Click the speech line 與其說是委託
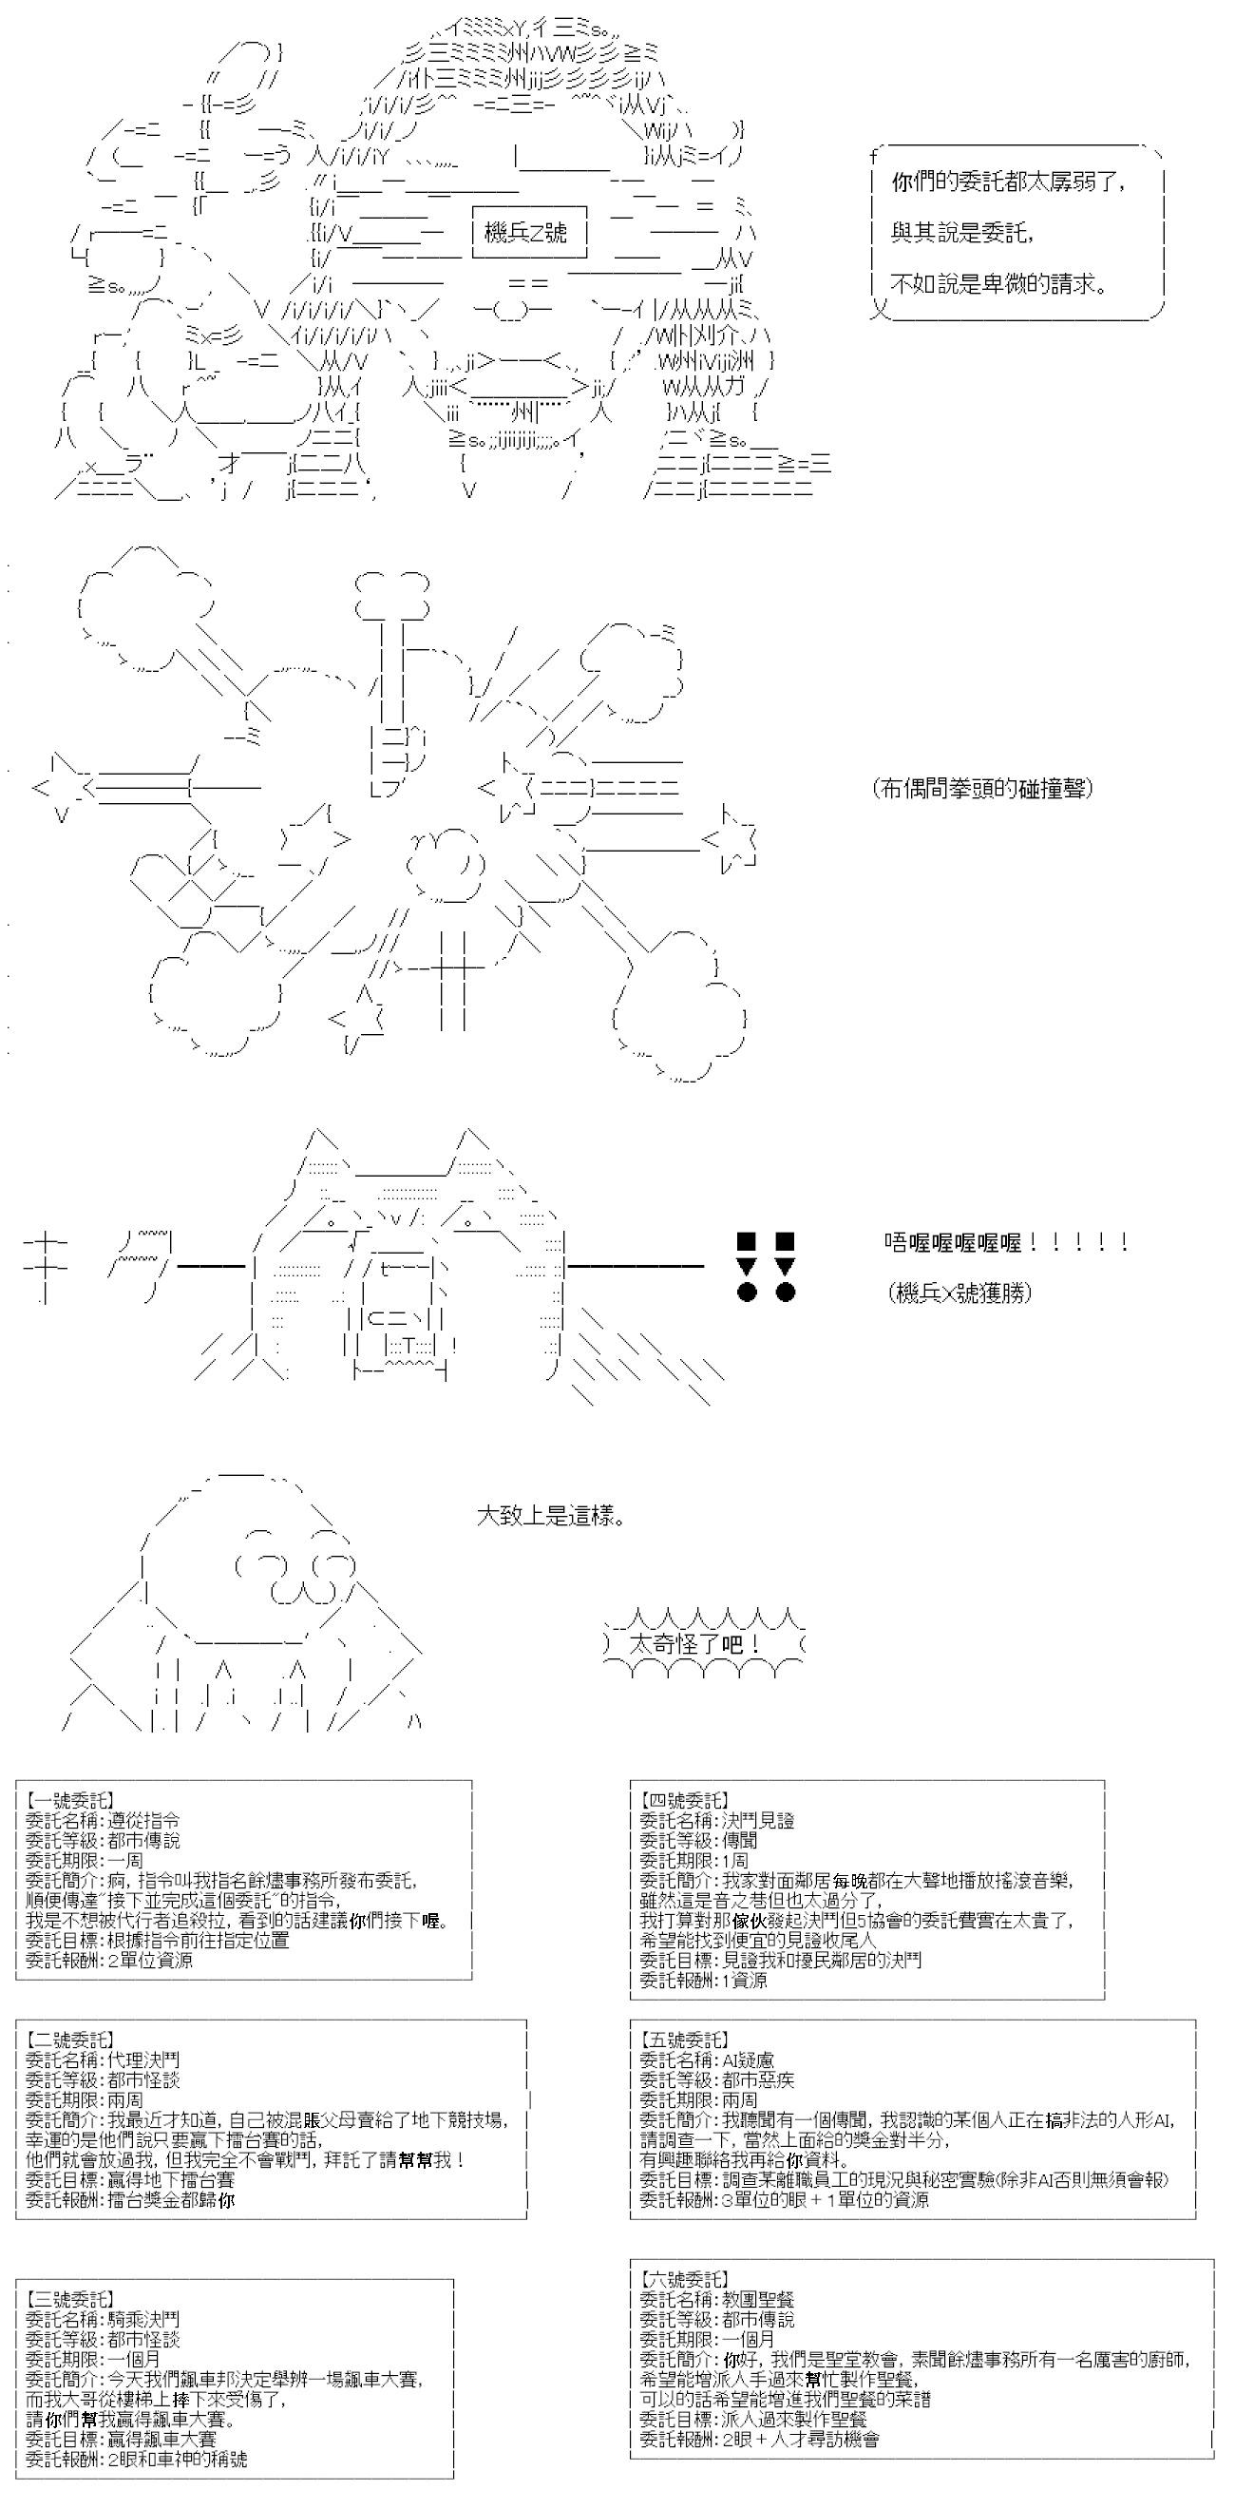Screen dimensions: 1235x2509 click(961, 232)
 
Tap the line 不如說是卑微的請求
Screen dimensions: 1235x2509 click(999, 283)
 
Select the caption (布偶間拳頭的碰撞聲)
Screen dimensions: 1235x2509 click(982, 788)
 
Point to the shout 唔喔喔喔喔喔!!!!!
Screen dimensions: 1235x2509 click(1006, 1242)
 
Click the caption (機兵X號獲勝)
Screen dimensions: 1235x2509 click(959, 1293)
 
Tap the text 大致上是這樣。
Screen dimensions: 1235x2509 click(550, 1517)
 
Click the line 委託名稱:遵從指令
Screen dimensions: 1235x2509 click(103, 1820)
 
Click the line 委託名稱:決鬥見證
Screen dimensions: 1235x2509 click(717, 1820)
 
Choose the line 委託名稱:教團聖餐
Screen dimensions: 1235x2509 click(717, 2299)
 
